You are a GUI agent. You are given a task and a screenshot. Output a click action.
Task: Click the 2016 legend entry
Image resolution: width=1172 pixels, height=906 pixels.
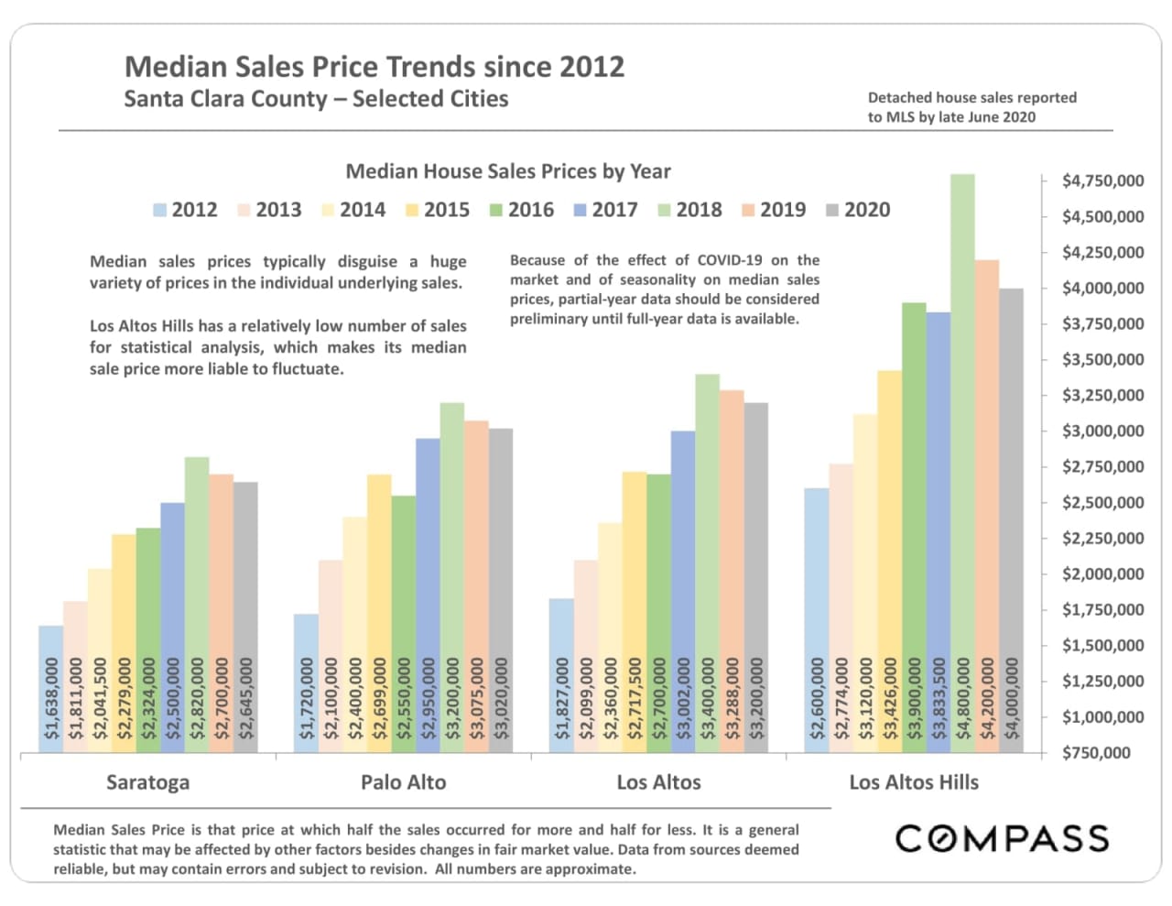pos(522,210)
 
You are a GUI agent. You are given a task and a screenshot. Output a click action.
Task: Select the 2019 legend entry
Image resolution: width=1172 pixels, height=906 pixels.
pos(774,210)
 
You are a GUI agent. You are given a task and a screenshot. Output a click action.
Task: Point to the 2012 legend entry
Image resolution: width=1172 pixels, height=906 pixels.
pos(186,210)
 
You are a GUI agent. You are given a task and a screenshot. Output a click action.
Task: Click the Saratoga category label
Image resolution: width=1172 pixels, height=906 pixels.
pos(147,782)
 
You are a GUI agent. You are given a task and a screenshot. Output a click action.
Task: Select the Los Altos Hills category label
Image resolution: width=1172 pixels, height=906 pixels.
pos(913,782)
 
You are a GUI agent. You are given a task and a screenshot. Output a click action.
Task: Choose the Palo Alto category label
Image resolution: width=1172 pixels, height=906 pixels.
pos(403,782)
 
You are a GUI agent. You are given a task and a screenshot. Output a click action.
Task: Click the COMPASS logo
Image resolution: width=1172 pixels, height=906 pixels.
pos(1002,838)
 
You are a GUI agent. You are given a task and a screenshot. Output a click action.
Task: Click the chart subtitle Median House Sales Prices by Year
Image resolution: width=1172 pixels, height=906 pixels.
pos(507,171)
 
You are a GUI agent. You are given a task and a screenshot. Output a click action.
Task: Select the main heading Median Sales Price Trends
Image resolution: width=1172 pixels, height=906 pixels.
pos(374,67)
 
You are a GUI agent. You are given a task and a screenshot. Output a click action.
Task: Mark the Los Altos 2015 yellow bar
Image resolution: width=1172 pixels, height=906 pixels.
pos(635,568)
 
